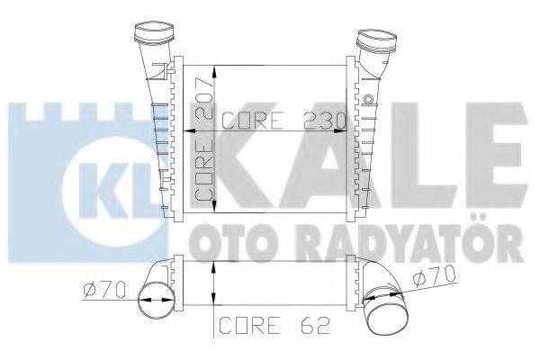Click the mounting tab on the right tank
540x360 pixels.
368,95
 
